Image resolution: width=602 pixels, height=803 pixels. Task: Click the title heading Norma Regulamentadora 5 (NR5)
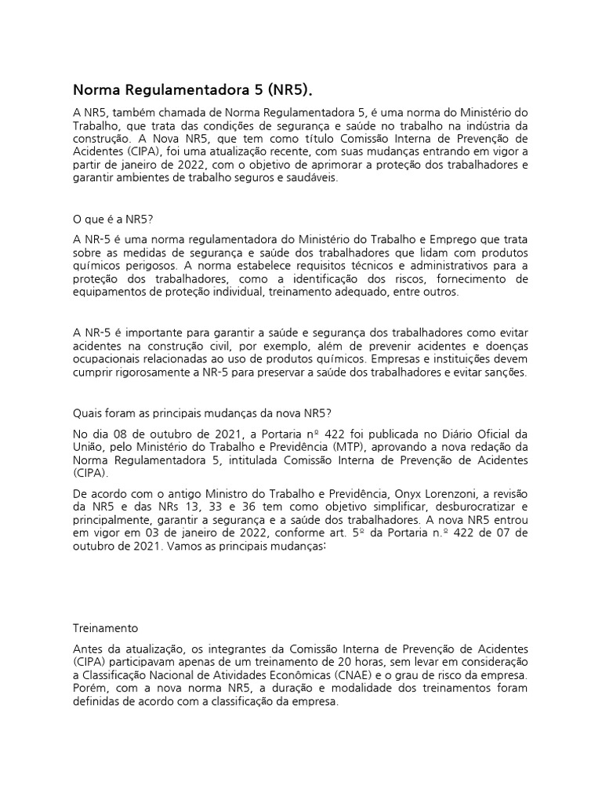click(x=197, y=89)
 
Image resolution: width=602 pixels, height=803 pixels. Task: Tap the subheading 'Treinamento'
click(x=105, y=628)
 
